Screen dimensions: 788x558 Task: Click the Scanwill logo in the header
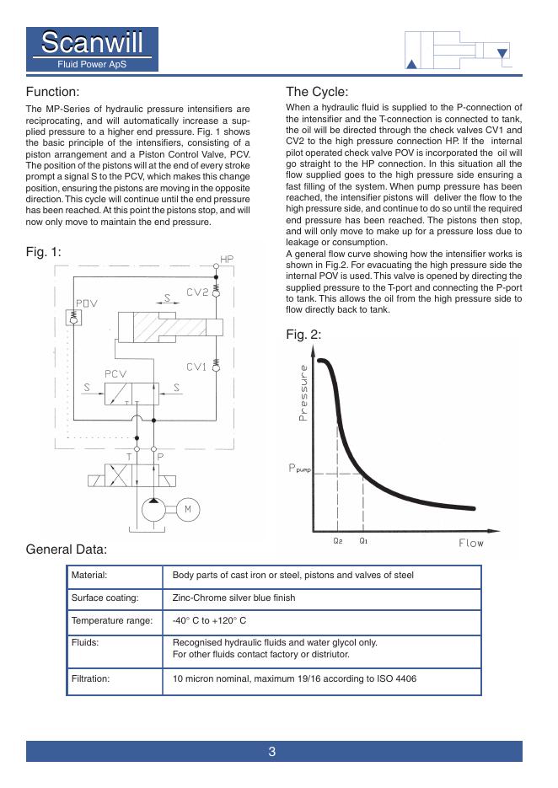point(92,49)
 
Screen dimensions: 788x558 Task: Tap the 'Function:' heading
point(52,91)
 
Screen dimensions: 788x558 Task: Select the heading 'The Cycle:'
point(317,92)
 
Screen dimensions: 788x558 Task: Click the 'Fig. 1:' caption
point(44,251)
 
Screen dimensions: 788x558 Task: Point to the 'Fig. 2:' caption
point(303,335)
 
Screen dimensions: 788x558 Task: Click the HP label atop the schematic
point(226,259)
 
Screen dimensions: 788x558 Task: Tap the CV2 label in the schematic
point(197,292)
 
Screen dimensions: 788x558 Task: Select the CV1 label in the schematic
point(196,367)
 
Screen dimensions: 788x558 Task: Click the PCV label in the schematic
point(116,373)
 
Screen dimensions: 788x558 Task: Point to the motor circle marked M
point(188,508)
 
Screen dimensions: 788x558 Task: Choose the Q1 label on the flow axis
point(363,541)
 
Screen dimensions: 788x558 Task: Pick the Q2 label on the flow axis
point(338,541)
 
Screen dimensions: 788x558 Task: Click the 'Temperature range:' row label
point(112,621)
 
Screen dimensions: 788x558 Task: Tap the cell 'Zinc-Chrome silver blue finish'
point(233,598)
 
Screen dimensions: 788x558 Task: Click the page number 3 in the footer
point(272,752)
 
